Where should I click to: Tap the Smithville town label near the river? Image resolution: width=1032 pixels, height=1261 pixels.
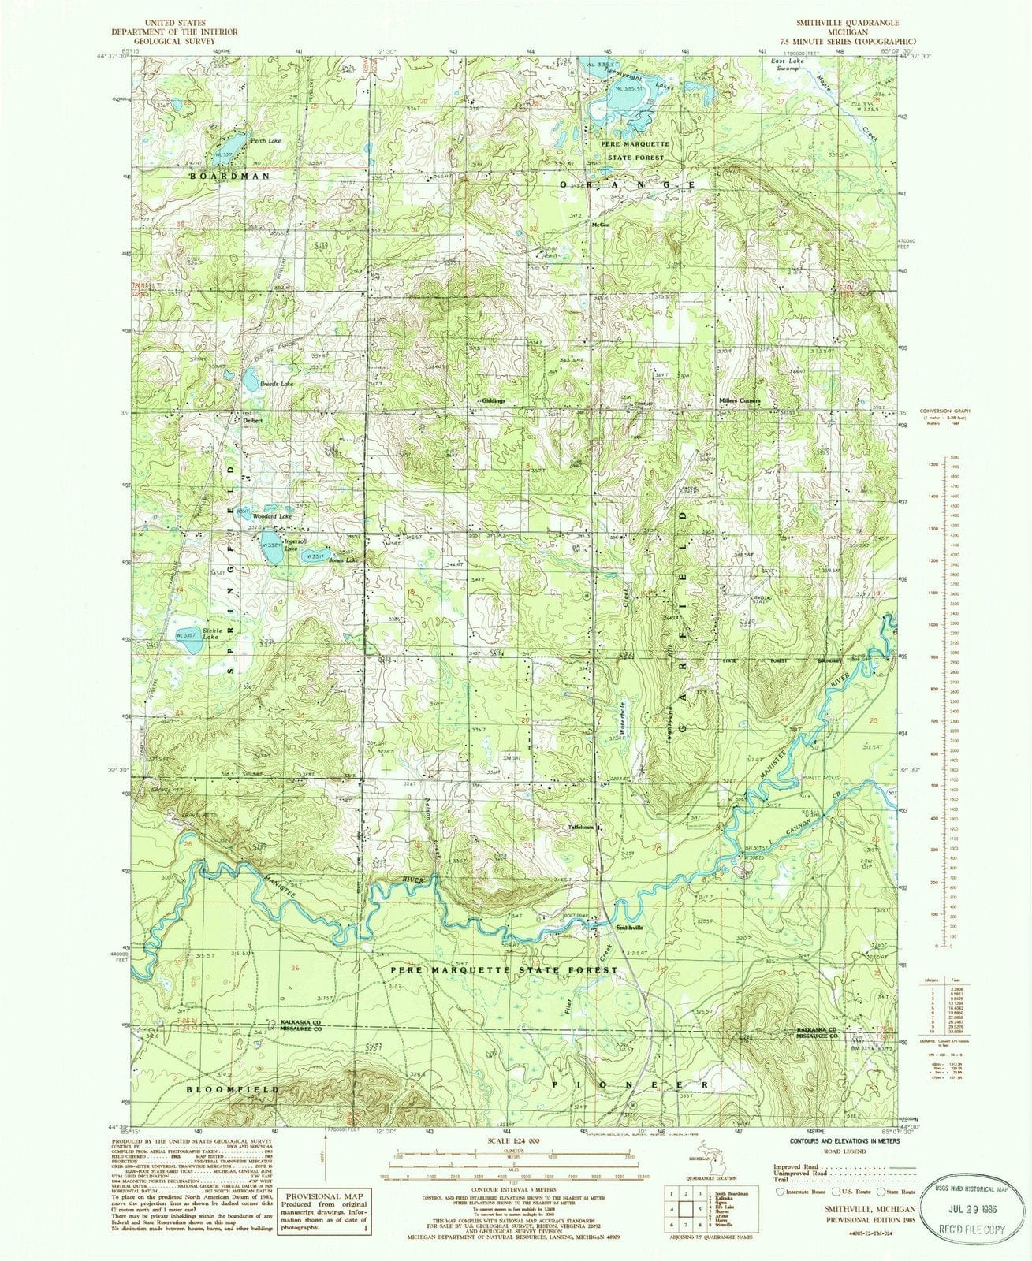(629, 927)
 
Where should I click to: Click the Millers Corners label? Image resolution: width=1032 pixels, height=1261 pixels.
(740, 400)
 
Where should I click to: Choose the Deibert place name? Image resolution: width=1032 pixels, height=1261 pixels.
(251, 420)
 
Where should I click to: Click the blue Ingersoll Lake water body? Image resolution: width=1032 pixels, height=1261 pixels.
(273, 549)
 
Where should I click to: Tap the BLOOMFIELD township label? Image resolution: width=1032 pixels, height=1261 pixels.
(233, 1088)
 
